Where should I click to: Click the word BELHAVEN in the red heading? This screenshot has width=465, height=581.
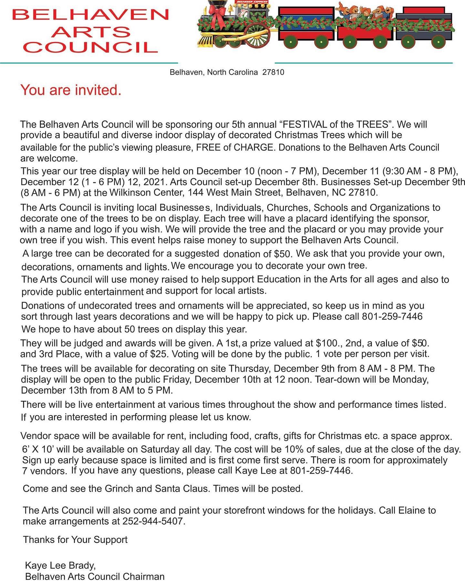pyautogui.click(x=90, y=15)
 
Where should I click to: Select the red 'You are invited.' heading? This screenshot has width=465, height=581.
pyautogui.click(x=71, y=90)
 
